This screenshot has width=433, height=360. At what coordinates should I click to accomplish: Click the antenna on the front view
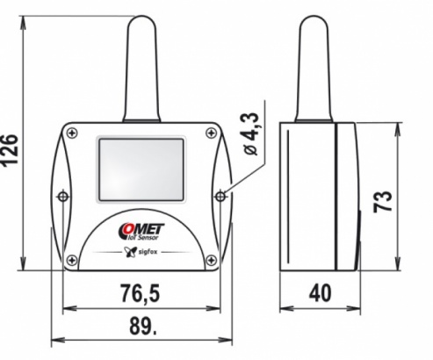pos(141,70)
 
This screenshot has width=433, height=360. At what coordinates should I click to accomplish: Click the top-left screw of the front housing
pos(70,133)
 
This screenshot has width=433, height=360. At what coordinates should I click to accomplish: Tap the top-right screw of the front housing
pos(209,133)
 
